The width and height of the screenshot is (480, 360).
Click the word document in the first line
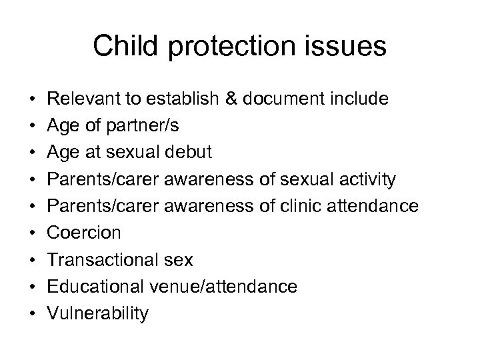coord(285,99)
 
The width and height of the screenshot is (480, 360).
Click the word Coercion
coord(83,233)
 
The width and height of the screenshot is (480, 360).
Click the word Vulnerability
coord(98,313)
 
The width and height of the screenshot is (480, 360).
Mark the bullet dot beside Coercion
coord(33,233)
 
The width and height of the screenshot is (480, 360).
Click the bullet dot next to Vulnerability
coord(33,313)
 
